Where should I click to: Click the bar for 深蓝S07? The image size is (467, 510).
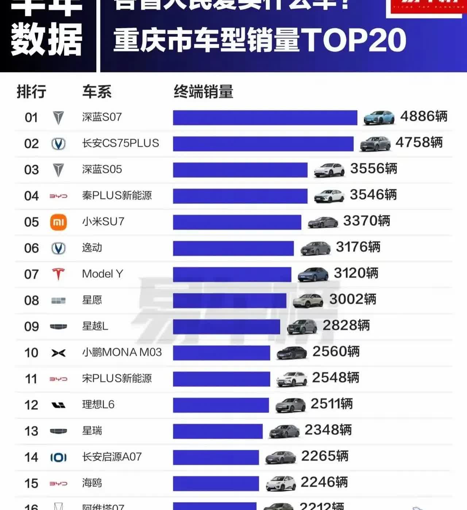[265, 117]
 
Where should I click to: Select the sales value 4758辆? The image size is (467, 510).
[419, 143]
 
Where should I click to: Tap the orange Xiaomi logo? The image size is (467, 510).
[58, 222]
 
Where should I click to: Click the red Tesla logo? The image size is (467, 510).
[58, 274]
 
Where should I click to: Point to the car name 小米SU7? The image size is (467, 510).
[103, 221]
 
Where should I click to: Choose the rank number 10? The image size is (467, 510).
[31, 353]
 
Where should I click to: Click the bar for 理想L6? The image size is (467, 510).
[221, 405]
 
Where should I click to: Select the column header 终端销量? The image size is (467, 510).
[203, 92]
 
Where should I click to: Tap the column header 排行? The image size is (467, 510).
[31, 92]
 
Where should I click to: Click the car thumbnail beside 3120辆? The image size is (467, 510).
[313, 274]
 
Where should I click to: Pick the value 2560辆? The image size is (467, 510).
[336, 352]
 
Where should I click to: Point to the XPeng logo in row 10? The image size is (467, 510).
[58, 353]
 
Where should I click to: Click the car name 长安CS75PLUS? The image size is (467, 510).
[120, 143]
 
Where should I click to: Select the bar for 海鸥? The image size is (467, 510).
[216, 483]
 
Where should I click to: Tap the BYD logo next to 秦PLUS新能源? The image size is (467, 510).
[58, 196]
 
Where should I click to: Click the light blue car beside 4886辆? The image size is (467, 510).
[379, 118]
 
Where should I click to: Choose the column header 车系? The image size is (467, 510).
[97, 92]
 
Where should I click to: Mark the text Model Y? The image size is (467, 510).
[103, 274]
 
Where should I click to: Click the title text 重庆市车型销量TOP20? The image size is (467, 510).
[260, 40]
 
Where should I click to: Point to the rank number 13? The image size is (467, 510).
[31, 431]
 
